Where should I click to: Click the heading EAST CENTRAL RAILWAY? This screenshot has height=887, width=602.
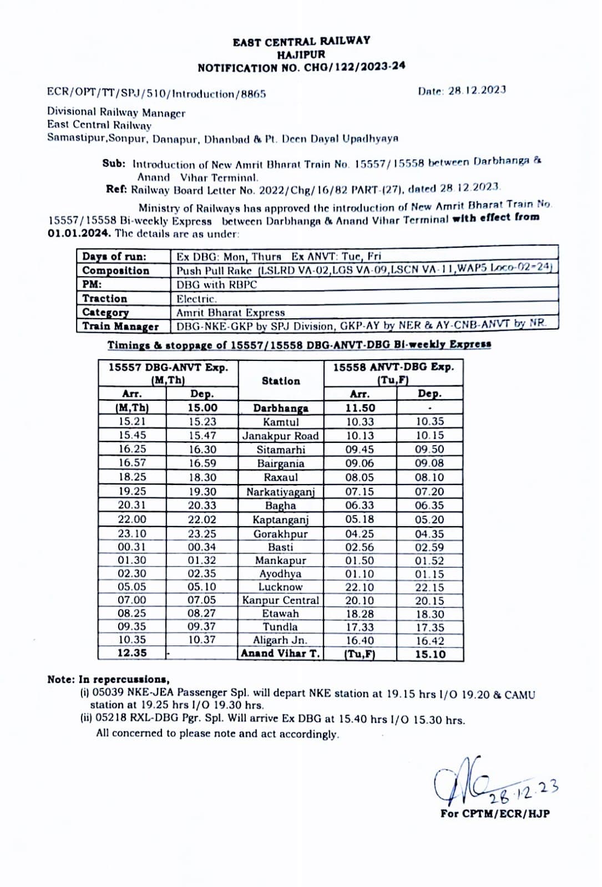pos(301,42)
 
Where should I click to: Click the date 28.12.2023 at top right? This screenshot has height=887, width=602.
pos(477,90)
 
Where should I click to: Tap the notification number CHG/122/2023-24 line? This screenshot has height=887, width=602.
pos(301,68)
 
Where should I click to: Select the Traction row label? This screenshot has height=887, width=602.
pos(105,298)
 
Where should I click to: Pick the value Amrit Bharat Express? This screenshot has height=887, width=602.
pos(230,313)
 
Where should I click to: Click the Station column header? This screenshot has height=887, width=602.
pos(281,381)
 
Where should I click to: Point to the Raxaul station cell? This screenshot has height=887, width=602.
pos(281,477)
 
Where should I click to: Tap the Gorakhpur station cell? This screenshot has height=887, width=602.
pos(281,534)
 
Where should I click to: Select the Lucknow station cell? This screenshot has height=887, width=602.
pos(281,587)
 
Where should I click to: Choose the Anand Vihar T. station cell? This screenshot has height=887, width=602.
pos(281,653)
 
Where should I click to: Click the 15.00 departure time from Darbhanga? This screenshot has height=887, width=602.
pos(203,408)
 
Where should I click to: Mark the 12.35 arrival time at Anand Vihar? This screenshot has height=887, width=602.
pos(132,653)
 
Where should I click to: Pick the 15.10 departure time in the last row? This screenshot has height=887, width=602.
pos(430,654)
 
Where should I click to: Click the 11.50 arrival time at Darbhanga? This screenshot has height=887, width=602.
pos(360,408)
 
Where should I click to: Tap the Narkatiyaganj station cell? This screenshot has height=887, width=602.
pos(281,492)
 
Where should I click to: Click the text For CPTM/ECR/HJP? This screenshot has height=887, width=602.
pos(495,814)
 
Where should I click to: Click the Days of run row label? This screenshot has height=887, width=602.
pos(114,257)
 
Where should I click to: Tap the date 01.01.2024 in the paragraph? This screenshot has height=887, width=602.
pos(79,233)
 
